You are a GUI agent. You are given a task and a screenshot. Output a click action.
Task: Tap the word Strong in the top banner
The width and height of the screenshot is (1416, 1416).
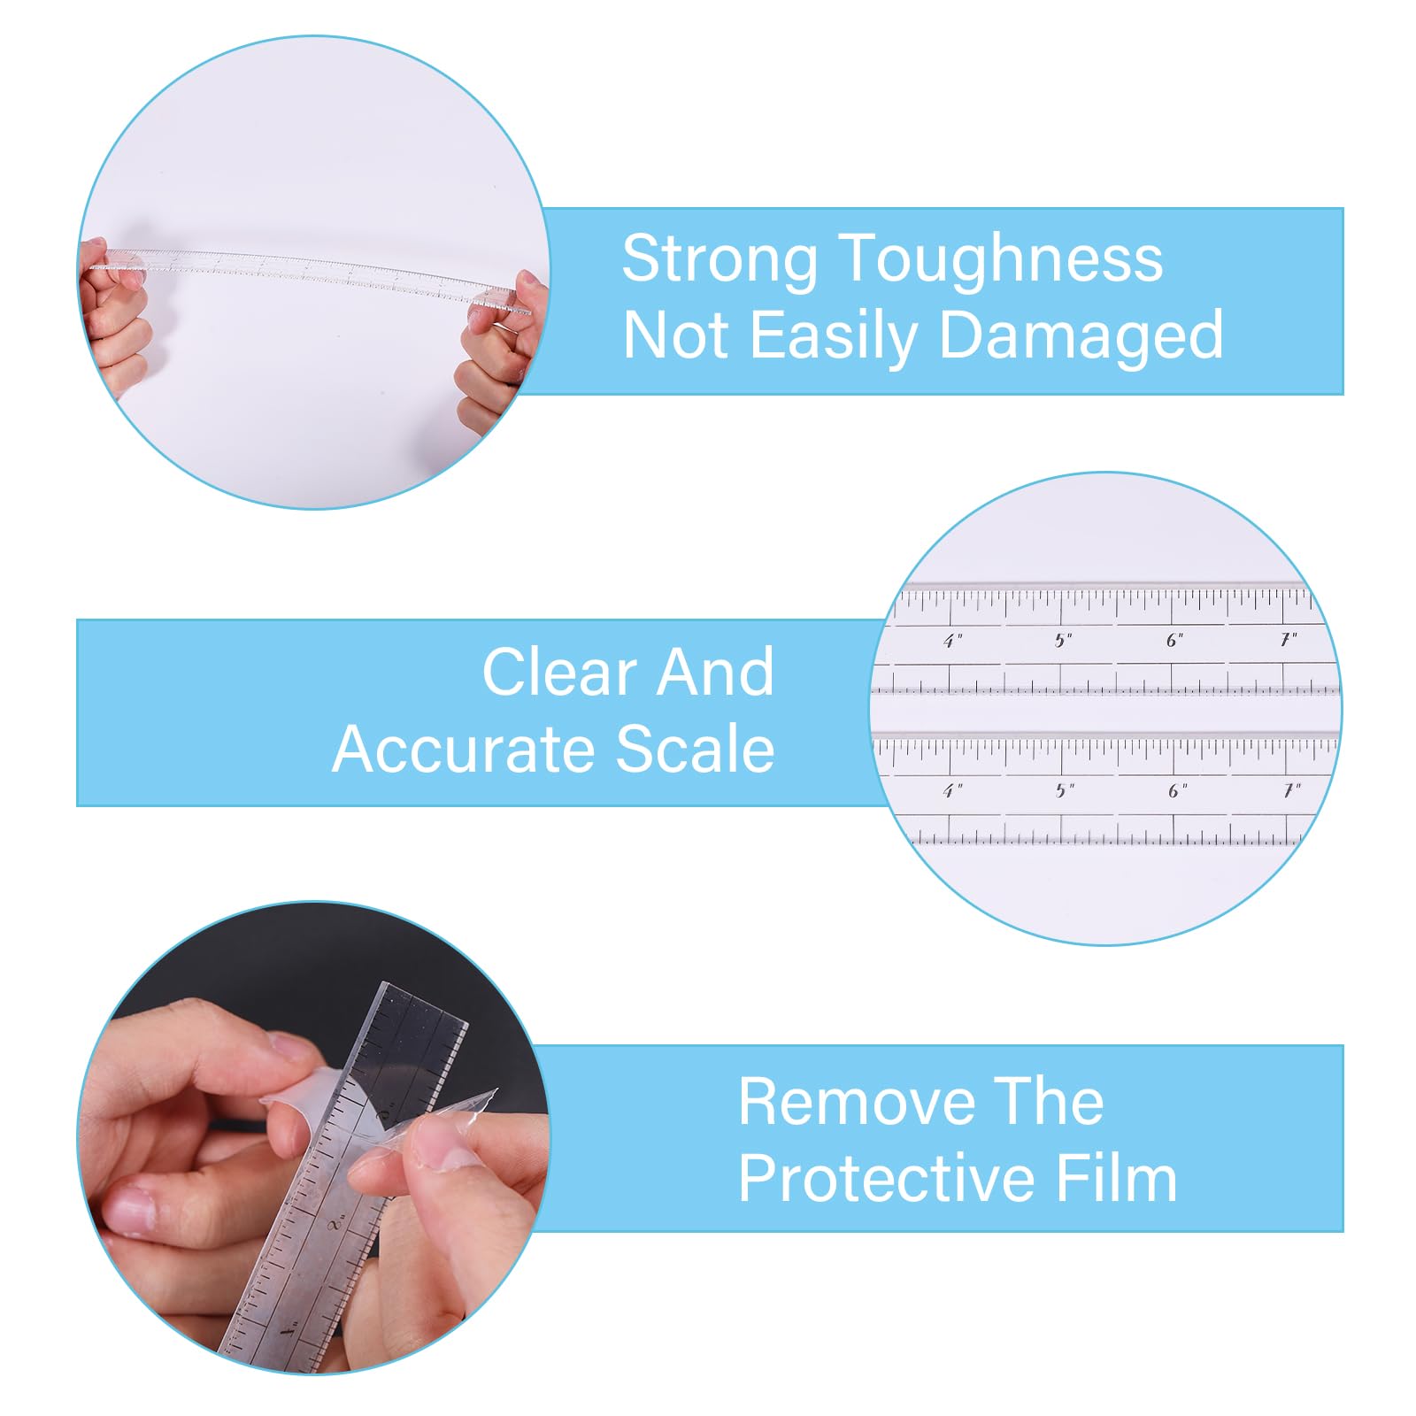pyautogui.click(x=719, y=260)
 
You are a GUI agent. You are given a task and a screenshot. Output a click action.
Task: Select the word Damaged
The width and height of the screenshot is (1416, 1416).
pyautogui.click(x=1081, y=336)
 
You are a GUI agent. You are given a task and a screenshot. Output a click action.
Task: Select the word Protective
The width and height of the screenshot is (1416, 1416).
pyautogui.click(x=887, y=1179)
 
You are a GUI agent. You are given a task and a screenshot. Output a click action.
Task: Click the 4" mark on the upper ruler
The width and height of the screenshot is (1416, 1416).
pyautogui.click(x=952, y=640)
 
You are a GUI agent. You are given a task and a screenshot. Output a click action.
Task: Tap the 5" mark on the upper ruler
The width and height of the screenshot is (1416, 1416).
pyautogui.click(x=1064, y=640)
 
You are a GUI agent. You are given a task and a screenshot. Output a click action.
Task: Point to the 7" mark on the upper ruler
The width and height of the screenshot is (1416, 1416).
pyautogui.click(x=1289, y=639)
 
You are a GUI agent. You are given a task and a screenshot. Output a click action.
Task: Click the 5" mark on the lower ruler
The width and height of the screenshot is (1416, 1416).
pyautogui.click(x=1065, y=790)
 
